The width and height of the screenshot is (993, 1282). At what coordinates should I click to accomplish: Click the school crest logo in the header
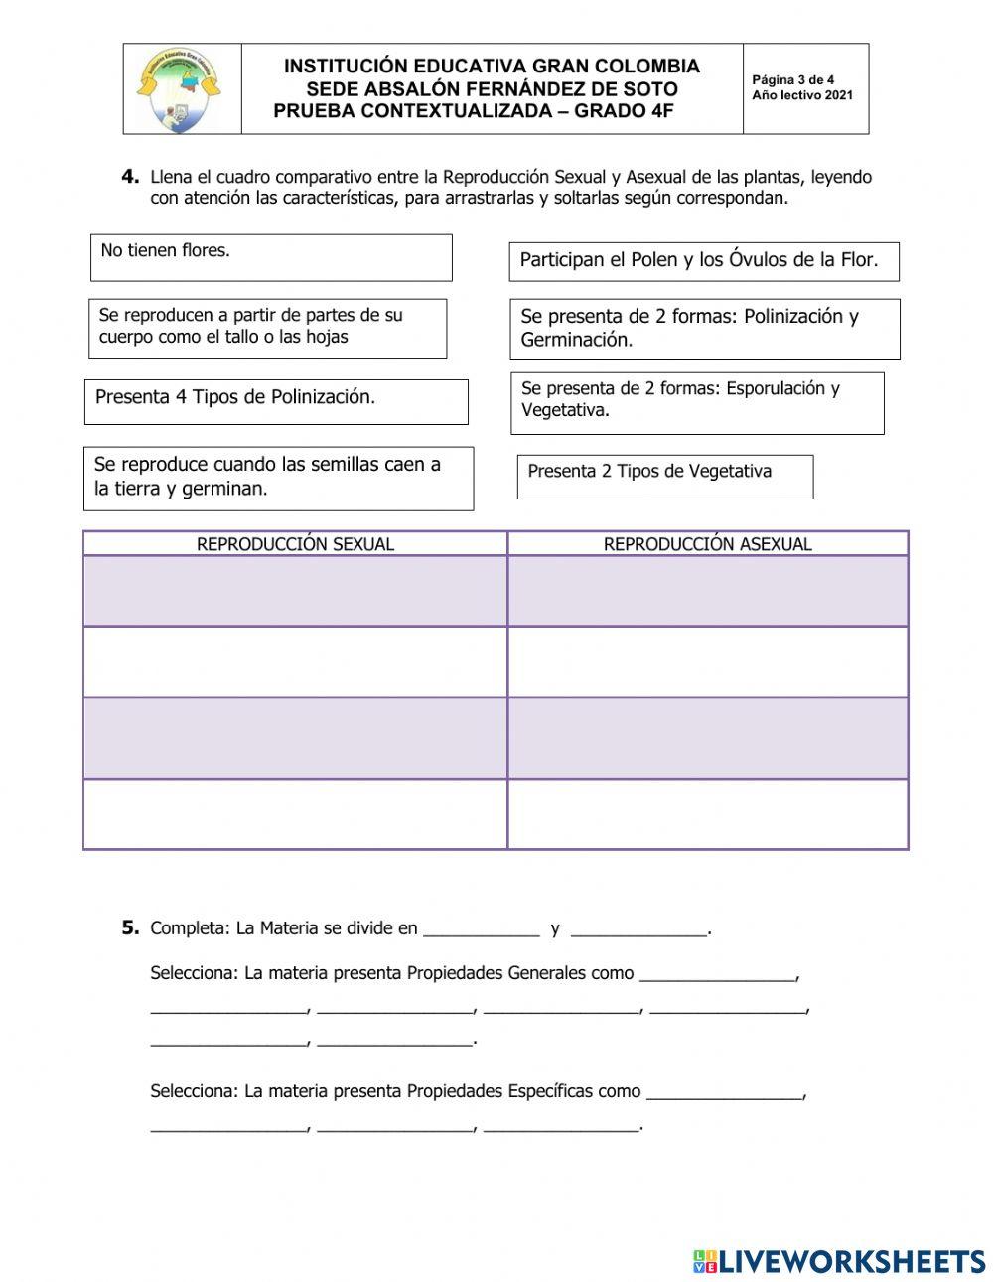coord(180,89)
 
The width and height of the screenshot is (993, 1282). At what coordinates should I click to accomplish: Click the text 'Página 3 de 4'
coord(792,80)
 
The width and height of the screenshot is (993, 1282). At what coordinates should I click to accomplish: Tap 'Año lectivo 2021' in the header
coord(801,96)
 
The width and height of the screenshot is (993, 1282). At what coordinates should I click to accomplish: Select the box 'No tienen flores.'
coord(271,257)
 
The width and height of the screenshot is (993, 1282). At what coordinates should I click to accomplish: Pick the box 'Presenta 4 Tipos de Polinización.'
coord(276,401)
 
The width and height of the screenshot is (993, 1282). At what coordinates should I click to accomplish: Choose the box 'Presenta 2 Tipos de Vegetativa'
coord(664,477)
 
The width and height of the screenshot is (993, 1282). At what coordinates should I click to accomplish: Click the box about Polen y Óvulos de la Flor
coord(703,261)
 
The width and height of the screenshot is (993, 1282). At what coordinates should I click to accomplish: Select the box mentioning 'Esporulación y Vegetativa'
coord(697,402)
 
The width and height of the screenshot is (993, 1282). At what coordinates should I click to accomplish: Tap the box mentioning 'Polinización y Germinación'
coord(704,329)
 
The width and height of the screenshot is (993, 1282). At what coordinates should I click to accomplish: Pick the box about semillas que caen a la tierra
coord(278,478)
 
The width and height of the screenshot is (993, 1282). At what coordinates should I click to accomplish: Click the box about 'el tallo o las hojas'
coord(267,328)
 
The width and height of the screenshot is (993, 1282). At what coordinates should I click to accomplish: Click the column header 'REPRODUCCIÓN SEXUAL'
coord(295,544)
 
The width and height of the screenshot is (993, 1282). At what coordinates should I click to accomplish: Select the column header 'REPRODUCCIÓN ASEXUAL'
coord(707,544)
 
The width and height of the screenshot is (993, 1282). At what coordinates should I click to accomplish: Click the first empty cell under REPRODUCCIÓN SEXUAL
coord(295,591)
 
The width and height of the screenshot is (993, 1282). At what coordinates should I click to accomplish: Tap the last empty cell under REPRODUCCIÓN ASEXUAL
coord(707,814)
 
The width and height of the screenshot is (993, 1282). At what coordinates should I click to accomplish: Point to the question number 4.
coord(130,177)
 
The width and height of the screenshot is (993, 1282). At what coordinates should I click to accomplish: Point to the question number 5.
coord(130,927)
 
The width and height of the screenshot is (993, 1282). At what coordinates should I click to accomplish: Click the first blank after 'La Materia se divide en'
coord(481,929)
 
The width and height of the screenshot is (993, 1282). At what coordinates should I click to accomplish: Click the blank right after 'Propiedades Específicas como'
coord(724,1092)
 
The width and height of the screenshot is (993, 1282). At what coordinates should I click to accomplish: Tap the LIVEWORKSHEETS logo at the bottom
coord(839,1261)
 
